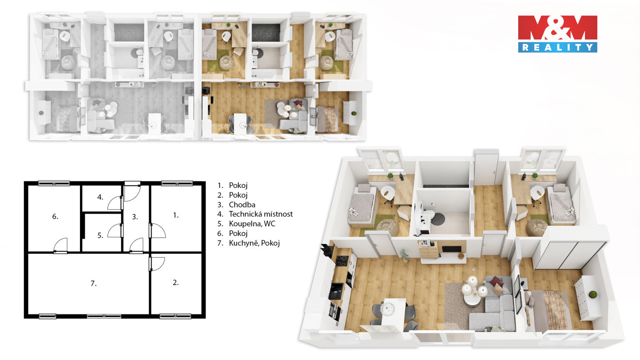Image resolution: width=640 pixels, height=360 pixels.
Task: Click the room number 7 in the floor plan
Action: pyautogui.click(x=93, y=284)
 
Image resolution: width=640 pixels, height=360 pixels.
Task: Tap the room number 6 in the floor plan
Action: pyautogui.click(x=55, y=216)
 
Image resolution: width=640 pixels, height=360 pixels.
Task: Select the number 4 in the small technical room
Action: pyautogui.click(x=100, y=197)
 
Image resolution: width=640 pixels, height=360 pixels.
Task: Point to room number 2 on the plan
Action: pyautogui.click(x=176, y=283)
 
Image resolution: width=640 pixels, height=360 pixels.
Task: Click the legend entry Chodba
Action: pyautogui.click(x=242, y=204)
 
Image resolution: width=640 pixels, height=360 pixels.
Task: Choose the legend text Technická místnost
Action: pyautogui.click(x=261, y=214)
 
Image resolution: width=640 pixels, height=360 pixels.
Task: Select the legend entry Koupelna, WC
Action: pyautogui.click(x=252, y=224)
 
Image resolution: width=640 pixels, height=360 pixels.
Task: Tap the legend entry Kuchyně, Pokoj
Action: pyautogui.click(x=254, y=243)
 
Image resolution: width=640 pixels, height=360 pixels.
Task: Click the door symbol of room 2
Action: pyautogui.click(x=157, y=264)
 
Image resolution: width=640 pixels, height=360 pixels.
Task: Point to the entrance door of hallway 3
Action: pyautogui.click(x=132, y=192)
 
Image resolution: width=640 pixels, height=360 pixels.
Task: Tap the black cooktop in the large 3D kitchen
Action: pyautogui.click(x=342, y=261)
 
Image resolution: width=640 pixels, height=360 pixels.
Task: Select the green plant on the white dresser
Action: pyautogui.click(x=593, y=295)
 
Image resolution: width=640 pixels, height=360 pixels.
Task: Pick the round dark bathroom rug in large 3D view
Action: pyautogui.click(x=438, y=219)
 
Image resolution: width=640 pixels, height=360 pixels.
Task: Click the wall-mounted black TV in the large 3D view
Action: pyautogui.click(x=452, y=249)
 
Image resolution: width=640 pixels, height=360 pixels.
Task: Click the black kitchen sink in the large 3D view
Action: pyautogui.click(x=336, y=291)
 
